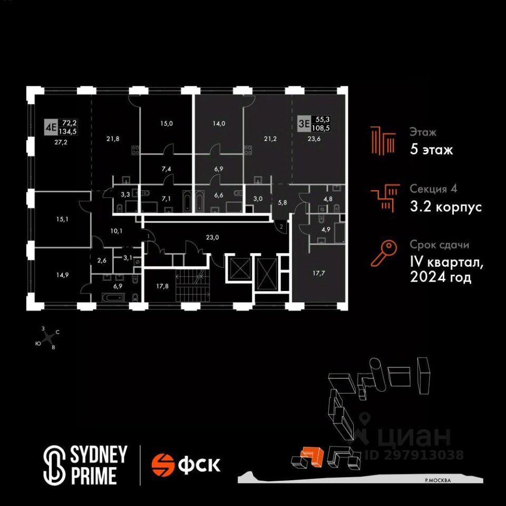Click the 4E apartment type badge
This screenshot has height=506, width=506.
51,127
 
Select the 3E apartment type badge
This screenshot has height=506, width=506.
304,123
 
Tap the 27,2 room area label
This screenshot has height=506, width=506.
61,142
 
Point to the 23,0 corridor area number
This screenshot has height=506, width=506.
212,238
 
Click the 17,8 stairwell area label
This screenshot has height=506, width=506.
162,286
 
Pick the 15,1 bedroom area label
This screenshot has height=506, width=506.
62,219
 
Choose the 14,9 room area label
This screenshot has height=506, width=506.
62,275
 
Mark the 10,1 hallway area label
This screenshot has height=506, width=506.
116,231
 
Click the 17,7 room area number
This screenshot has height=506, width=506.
319,273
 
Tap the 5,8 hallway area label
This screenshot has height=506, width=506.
282,202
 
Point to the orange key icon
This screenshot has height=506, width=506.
384,254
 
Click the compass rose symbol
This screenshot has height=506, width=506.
48,338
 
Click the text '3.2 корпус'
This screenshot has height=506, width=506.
446,207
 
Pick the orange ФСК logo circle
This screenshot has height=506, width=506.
163,465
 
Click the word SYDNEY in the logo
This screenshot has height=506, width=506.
99,455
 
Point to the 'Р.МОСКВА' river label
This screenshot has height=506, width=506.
438,480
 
